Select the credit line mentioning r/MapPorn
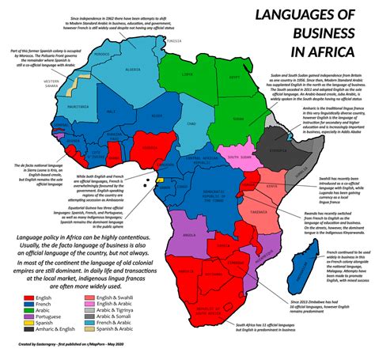tap(64, 354)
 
